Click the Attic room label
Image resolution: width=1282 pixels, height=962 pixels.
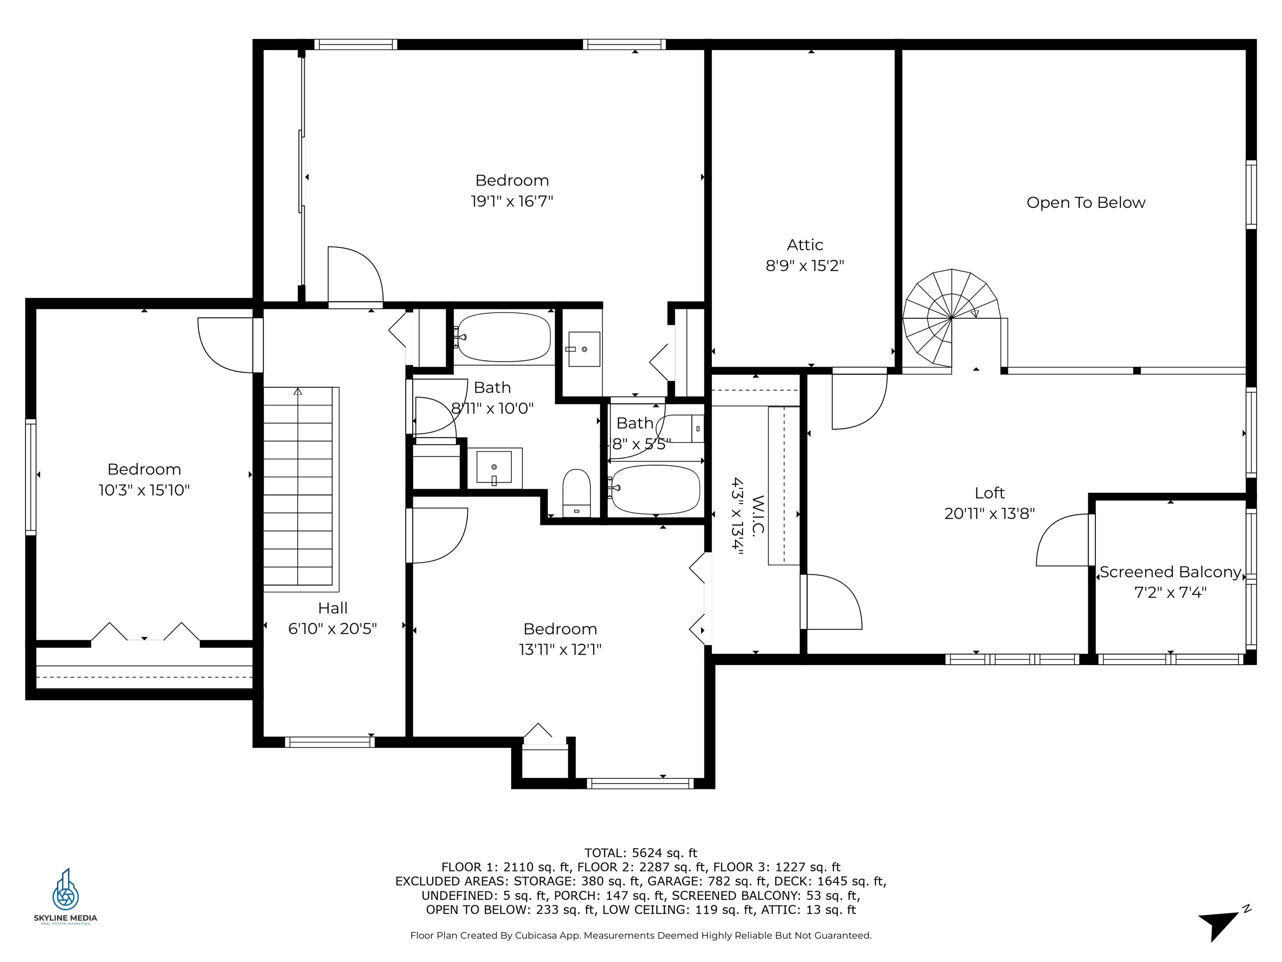[805, 245]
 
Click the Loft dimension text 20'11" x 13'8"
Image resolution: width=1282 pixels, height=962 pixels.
[989, 513]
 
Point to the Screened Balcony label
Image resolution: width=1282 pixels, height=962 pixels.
[1170, 572]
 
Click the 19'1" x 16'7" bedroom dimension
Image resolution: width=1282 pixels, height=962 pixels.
[512, 201]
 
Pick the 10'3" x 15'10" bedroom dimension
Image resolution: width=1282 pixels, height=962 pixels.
[144, 490]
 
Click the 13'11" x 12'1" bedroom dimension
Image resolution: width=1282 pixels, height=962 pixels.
[560, 649]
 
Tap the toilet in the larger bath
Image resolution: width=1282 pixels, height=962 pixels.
[577, 493]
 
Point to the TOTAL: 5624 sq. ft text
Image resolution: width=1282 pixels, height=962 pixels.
[641, 853]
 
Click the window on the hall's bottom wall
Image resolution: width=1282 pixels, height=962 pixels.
[330, 742]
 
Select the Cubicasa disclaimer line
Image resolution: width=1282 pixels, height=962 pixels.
[641, 935]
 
